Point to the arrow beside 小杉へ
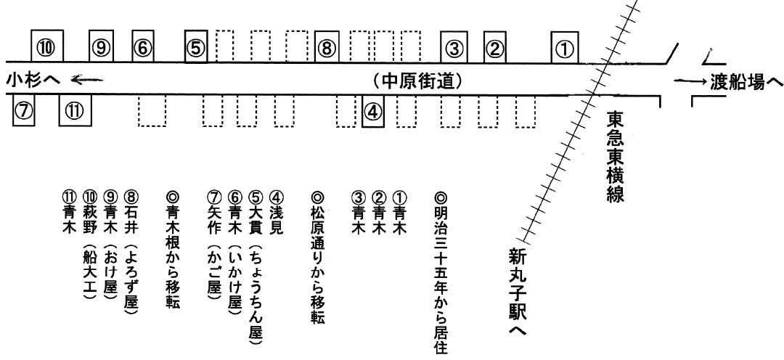(x=87, y=79)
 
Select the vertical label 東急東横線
(x=616, y=157)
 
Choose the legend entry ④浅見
(x=276, y=214)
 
